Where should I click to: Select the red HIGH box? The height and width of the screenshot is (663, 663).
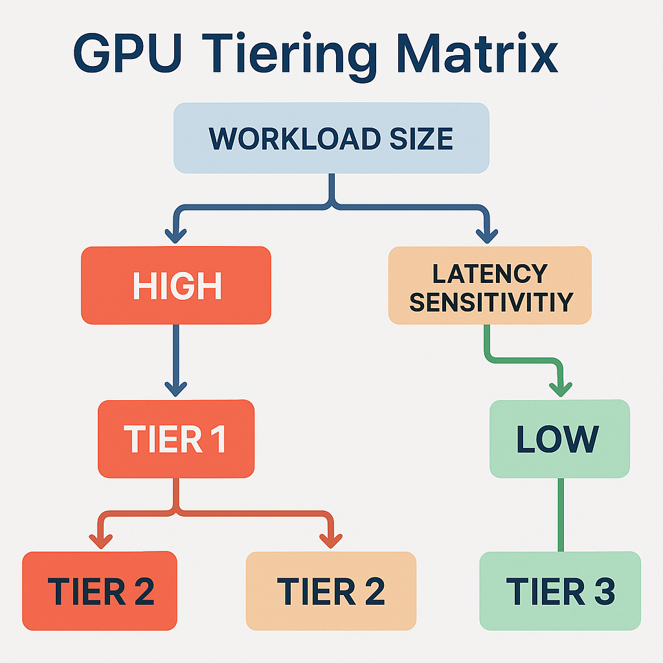click(176, 286)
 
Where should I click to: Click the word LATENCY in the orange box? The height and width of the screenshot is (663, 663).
click(489, 274)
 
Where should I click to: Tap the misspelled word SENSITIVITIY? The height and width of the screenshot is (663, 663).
click(491, 302)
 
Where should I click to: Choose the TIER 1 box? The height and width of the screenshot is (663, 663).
click(176, 438)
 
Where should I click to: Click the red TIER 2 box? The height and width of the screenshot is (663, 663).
click(100, 590)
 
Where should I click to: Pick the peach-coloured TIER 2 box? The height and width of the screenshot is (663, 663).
click(331, 590)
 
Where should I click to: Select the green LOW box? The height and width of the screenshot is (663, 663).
click(559, 439)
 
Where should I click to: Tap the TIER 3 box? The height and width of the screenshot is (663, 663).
click(560, 590)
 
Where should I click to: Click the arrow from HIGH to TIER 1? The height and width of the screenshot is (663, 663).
click(176, 359)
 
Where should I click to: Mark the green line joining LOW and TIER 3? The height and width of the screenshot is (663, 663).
click(561, 515)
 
